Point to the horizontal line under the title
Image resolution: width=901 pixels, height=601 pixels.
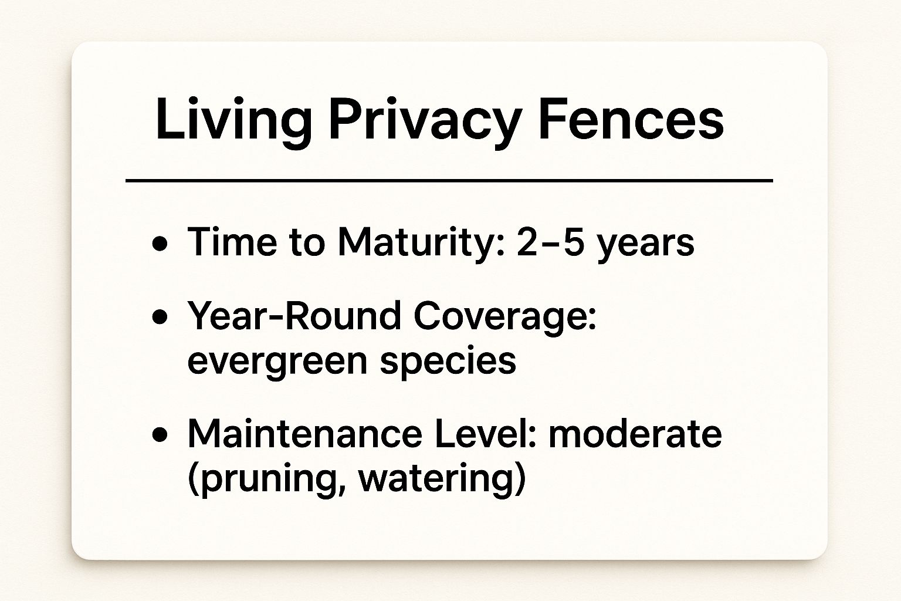pos(449,181)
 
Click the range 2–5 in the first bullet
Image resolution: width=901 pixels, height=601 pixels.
pos(551,241)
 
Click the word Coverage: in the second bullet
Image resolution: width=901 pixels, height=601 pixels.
pos(504,318)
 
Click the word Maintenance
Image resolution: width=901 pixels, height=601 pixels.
pos(304,434)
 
